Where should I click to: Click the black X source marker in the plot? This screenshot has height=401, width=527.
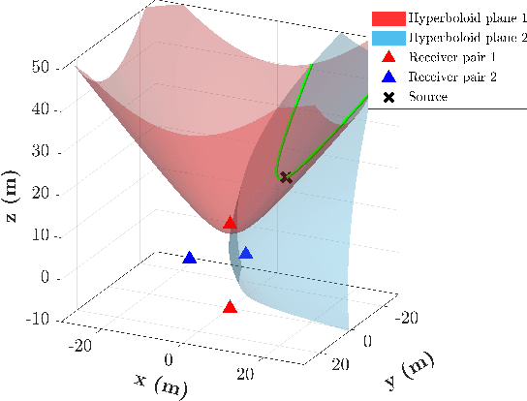[x=285, y=177]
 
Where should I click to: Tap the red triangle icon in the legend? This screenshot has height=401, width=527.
[x=388, y=58]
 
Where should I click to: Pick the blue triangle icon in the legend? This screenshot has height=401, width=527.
[x=388, y=77]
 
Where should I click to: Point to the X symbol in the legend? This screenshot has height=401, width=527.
[x=388, y=97]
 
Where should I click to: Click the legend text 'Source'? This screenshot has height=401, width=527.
[x=428, y=97]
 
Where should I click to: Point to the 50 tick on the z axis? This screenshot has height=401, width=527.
[x=41, y=67]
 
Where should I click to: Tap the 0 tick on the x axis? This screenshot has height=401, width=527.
[x=170, y=359]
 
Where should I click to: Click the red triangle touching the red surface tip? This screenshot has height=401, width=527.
[x=230, y=224]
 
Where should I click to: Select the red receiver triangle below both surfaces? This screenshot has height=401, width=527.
[x=230, y=307]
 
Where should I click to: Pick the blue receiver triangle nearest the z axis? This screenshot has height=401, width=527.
[x=190, y=258]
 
